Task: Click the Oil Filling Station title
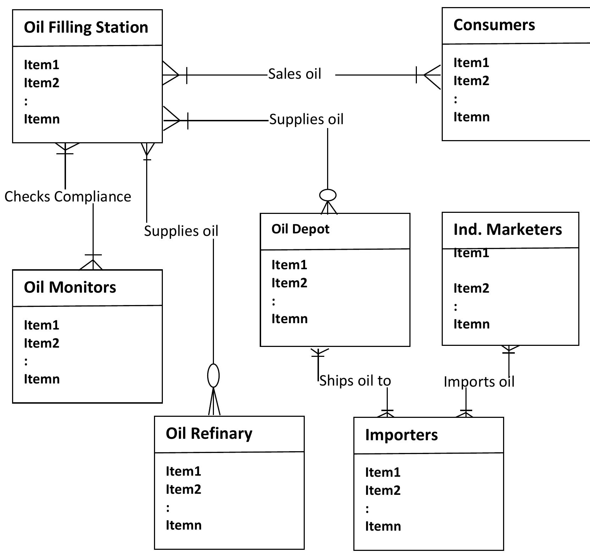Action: pos(86,27)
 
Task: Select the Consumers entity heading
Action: pos(494,25)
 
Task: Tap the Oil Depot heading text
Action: pos(300,229)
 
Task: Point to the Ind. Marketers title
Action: pos(507,230)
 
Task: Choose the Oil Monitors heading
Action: pos(70,287)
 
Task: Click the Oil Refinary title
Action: pos(209,433)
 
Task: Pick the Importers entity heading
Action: pos(401,435)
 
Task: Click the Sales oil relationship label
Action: pos(294,74)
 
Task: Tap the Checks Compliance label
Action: pos(68,197)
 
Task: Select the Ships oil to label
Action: pos(355,381)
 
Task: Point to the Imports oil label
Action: pos(479,382)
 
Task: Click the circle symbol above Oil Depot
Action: pos(328,195)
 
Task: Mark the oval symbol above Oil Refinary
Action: pos(213,376)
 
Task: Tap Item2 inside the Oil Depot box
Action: pos(289,283)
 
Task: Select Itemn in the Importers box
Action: pos(383,526)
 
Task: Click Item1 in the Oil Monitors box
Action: pos(41,325)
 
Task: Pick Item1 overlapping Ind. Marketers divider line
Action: pos(471,253)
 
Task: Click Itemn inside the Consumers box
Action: pos(471,117)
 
